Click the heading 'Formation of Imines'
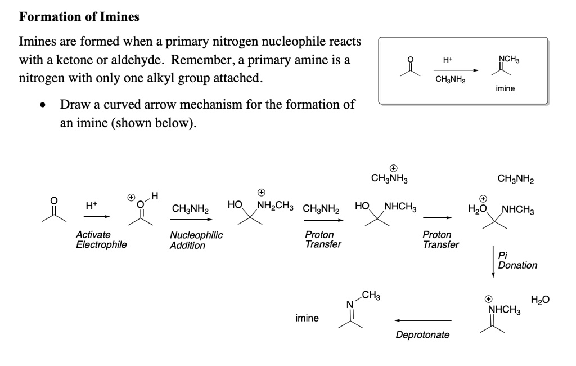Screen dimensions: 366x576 [79, 17]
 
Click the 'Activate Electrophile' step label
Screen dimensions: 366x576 [101, 240]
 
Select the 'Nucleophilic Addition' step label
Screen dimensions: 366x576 [196, 240]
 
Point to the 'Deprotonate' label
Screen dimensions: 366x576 [422, 335]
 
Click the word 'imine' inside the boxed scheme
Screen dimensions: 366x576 [505, 88]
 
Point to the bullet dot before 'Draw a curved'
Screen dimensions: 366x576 [43, 105]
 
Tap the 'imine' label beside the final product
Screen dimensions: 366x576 [307, 318]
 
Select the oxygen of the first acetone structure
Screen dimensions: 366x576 [55, 199]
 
